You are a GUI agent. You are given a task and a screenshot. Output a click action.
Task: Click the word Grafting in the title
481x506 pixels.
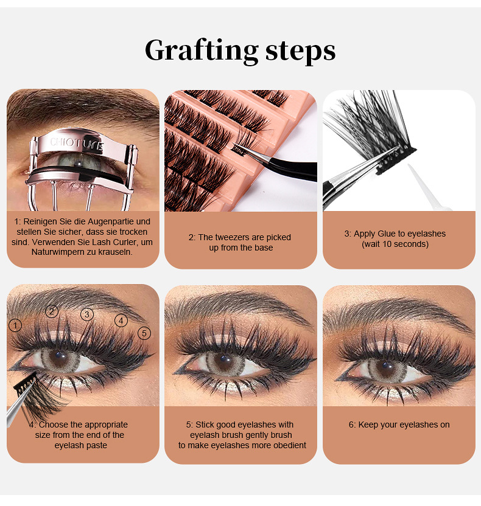(202, 51)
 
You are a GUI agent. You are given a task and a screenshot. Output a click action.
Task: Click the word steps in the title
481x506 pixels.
(300, 51)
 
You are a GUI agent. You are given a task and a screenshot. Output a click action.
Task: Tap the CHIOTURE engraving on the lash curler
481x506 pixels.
(77, 144)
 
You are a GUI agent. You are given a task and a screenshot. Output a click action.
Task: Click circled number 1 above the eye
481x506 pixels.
(15, 325)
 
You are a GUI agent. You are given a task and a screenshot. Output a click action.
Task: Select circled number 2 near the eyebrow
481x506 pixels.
(52, 311)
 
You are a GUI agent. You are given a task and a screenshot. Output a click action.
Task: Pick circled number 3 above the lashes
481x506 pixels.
(87, 314)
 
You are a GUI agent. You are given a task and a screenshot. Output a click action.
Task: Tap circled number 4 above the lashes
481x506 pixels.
(121, 321)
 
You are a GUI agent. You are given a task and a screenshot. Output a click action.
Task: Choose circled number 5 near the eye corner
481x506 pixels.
(144, 333)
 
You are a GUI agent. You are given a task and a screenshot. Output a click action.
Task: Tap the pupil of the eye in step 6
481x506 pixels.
(385, 367)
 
